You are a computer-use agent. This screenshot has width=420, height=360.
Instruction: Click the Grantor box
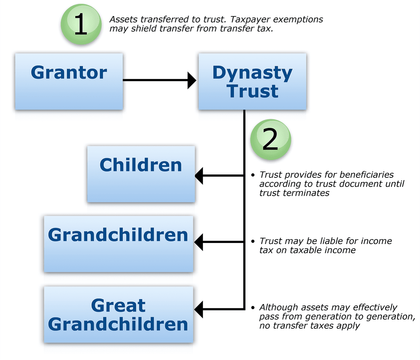click(69, 81)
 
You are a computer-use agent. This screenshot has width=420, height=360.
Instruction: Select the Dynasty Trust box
click(252, 81)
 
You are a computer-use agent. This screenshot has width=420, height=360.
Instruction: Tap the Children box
click(141, 174)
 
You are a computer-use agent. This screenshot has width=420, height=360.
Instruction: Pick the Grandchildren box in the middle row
click(119, 244)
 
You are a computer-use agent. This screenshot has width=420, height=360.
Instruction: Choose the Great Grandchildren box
click(119, 315)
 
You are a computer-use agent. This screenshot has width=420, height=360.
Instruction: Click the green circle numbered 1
click(81, 24)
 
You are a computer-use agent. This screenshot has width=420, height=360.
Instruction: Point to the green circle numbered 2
click(271, 139)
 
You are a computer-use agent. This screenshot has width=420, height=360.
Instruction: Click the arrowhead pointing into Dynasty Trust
click(192, 80)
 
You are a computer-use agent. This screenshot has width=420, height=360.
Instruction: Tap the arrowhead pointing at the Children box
click(199, 176)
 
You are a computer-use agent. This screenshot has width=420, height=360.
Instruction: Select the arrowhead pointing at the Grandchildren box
click(198, 242)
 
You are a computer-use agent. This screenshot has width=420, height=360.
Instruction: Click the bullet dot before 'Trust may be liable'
click(253, 241)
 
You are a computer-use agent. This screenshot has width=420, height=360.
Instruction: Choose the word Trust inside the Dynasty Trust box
click(252, 91)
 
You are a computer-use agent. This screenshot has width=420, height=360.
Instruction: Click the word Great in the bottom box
click(118, 305)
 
